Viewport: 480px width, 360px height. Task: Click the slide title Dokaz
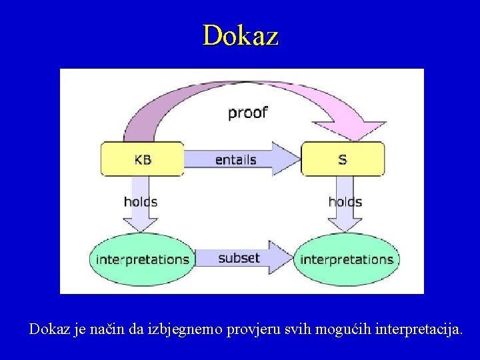[240, 35]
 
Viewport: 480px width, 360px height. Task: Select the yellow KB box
[142, 159]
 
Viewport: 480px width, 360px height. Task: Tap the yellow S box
[343, 159]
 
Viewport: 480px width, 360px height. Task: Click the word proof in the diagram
[247, 113]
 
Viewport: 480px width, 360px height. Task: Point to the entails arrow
[236, 159]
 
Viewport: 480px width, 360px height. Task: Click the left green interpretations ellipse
[142, 259]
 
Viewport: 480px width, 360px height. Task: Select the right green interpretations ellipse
[347, 259]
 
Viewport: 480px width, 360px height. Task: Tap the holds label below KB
[141, 202]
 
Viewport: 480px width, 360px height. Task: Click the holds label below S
[345, 202]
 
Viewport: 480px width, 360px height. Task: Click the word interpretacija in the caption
[418, 329]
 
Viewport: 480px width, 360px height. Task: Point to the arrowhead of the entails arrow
[288, 159]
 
